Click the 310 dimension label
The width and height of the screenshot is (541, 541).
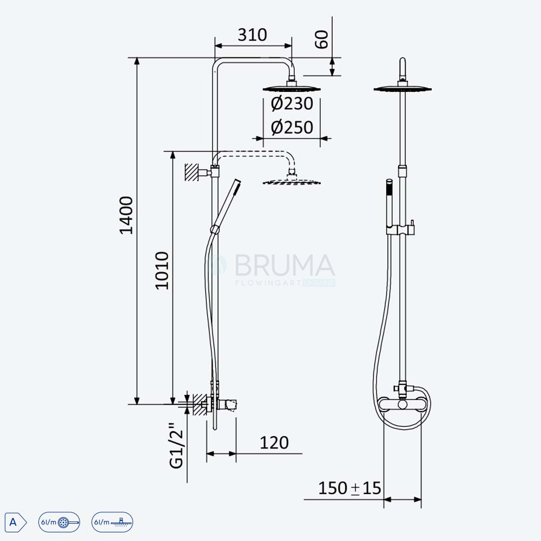[x=252, y=35]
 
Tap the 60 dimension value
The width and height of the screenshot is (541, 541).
[x=322, y=39]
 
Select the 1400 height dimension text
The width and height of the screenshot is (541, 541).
[x=126, y=215]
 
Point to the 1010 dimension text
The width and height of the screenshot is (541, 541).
[x=162, y=270]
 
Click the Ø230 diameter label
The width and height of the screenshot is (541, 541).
[x=292, y=103]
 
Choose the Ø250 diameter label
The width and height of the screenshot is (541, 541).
[x=292, y=127]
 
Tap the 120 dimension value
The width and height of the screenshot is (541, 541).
[x=274, y=443]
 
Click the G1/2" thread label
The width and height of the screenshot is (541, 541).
[x=177, y=445]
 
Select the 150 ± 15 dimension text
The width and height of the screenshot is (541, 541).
[x=349, y=488]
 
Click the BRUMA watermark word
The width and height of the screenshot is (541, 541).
[x=285, y=265]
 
